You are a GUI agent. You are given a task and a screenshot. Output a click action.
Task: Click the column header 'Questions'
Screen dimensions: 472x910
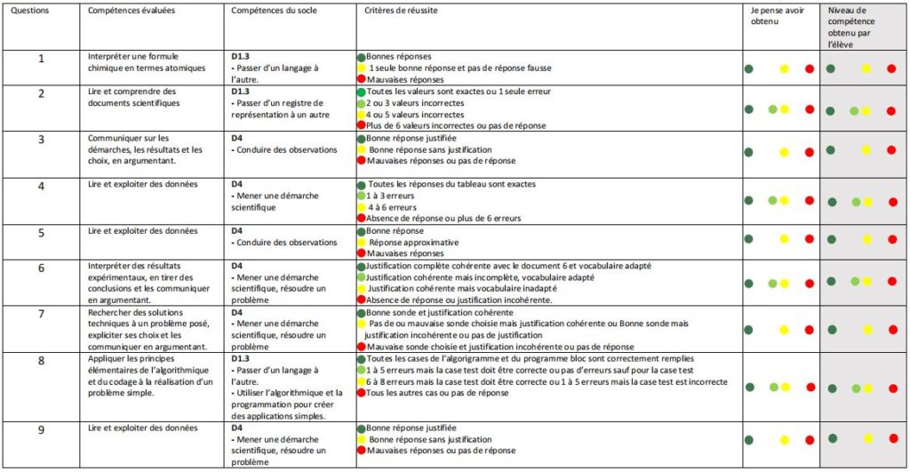click(x=31, y=11)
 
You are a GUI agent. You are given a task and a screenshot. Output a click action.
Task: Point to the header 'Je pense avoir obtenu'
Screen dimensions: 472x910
click(x=763, y=16)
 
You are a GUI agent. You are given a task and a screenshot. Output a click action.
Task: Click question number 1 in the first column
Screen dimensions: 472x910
click(x=41, y=58)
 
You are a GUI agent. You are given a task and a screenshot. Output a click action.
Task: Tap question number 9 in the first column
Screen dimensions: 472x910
click(x=41, y=429)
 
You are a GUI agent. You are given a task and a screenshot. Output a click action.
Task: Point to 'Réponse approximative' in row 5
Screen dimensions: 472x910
click(x=413, y=242)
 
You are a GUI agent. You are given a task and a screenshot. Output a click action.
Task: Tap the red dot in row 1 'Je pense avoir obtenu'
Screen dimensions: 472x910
click(x=809, y=69)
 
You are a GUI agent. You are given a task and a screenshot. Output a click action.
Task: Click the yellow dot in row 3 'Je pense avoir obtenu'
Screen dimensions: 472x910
click(x=784, y=150)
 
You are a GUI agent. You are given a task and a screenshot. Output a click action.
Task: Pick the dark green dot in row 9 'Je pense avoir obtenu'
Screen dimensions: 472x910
click(x=749, y=439)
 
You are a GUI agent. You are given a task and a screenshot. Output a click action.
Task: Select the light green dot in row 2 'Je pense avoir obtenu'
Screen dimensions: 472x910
click(x=773, y=109)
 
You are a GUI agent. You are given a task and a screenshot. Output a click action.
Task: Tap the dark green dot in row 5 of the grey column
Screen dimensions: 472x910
click(x=832, y=238)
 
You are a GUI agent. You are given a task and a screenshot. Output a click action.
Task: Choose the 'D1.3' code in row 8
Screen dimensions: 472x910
click(x=241, y=358)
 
